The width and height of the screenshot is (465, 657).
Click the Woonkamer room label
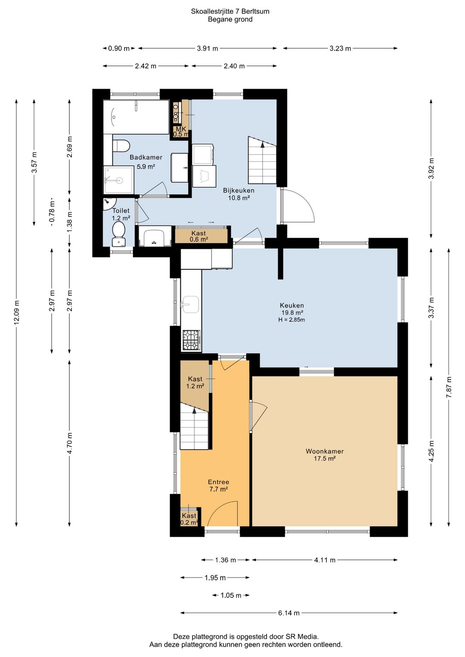(x=325, y=451)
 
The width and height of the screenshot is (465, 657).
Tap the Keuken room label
(x=291, y=305)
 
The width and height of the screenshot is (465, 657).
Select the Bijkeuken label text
(x=239, y=190)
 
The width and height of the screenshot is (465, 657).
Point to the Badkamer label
(x=146, y=157)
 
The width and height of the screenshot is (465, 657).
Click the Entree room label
(x=218, y=482)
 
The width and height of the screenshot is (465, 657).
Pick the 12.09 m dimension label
(x=16, y=313)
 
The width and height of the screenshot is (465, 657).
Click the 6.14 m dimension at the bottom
(x=288, y=613)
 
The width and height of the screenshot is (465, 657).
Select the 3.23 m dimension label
(x=340, y=48)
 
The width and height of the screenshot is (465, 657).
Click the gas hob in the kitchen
(x=192, y=340)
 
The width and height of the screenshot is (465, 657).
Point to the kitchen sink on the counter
(x=190, y=304)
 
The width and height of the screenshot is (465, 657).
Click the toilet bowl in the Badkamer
(x=121, y=146)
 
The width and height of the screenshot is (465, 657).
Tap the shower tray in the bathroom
(x=118, y=180)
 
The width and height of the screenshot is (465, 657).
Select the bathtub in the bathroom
(x=136, y=117)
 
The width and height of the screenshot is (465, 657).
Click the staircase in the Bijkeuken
(x=262, y=160)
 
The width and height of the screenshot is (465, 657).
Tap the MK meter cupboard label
(x=181, y=132)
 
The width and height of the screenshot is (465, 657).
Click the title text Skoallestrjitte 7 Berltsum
(x=230, y=12)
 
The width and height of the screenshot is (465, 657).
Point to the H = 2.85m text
(x=291, y=320)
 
